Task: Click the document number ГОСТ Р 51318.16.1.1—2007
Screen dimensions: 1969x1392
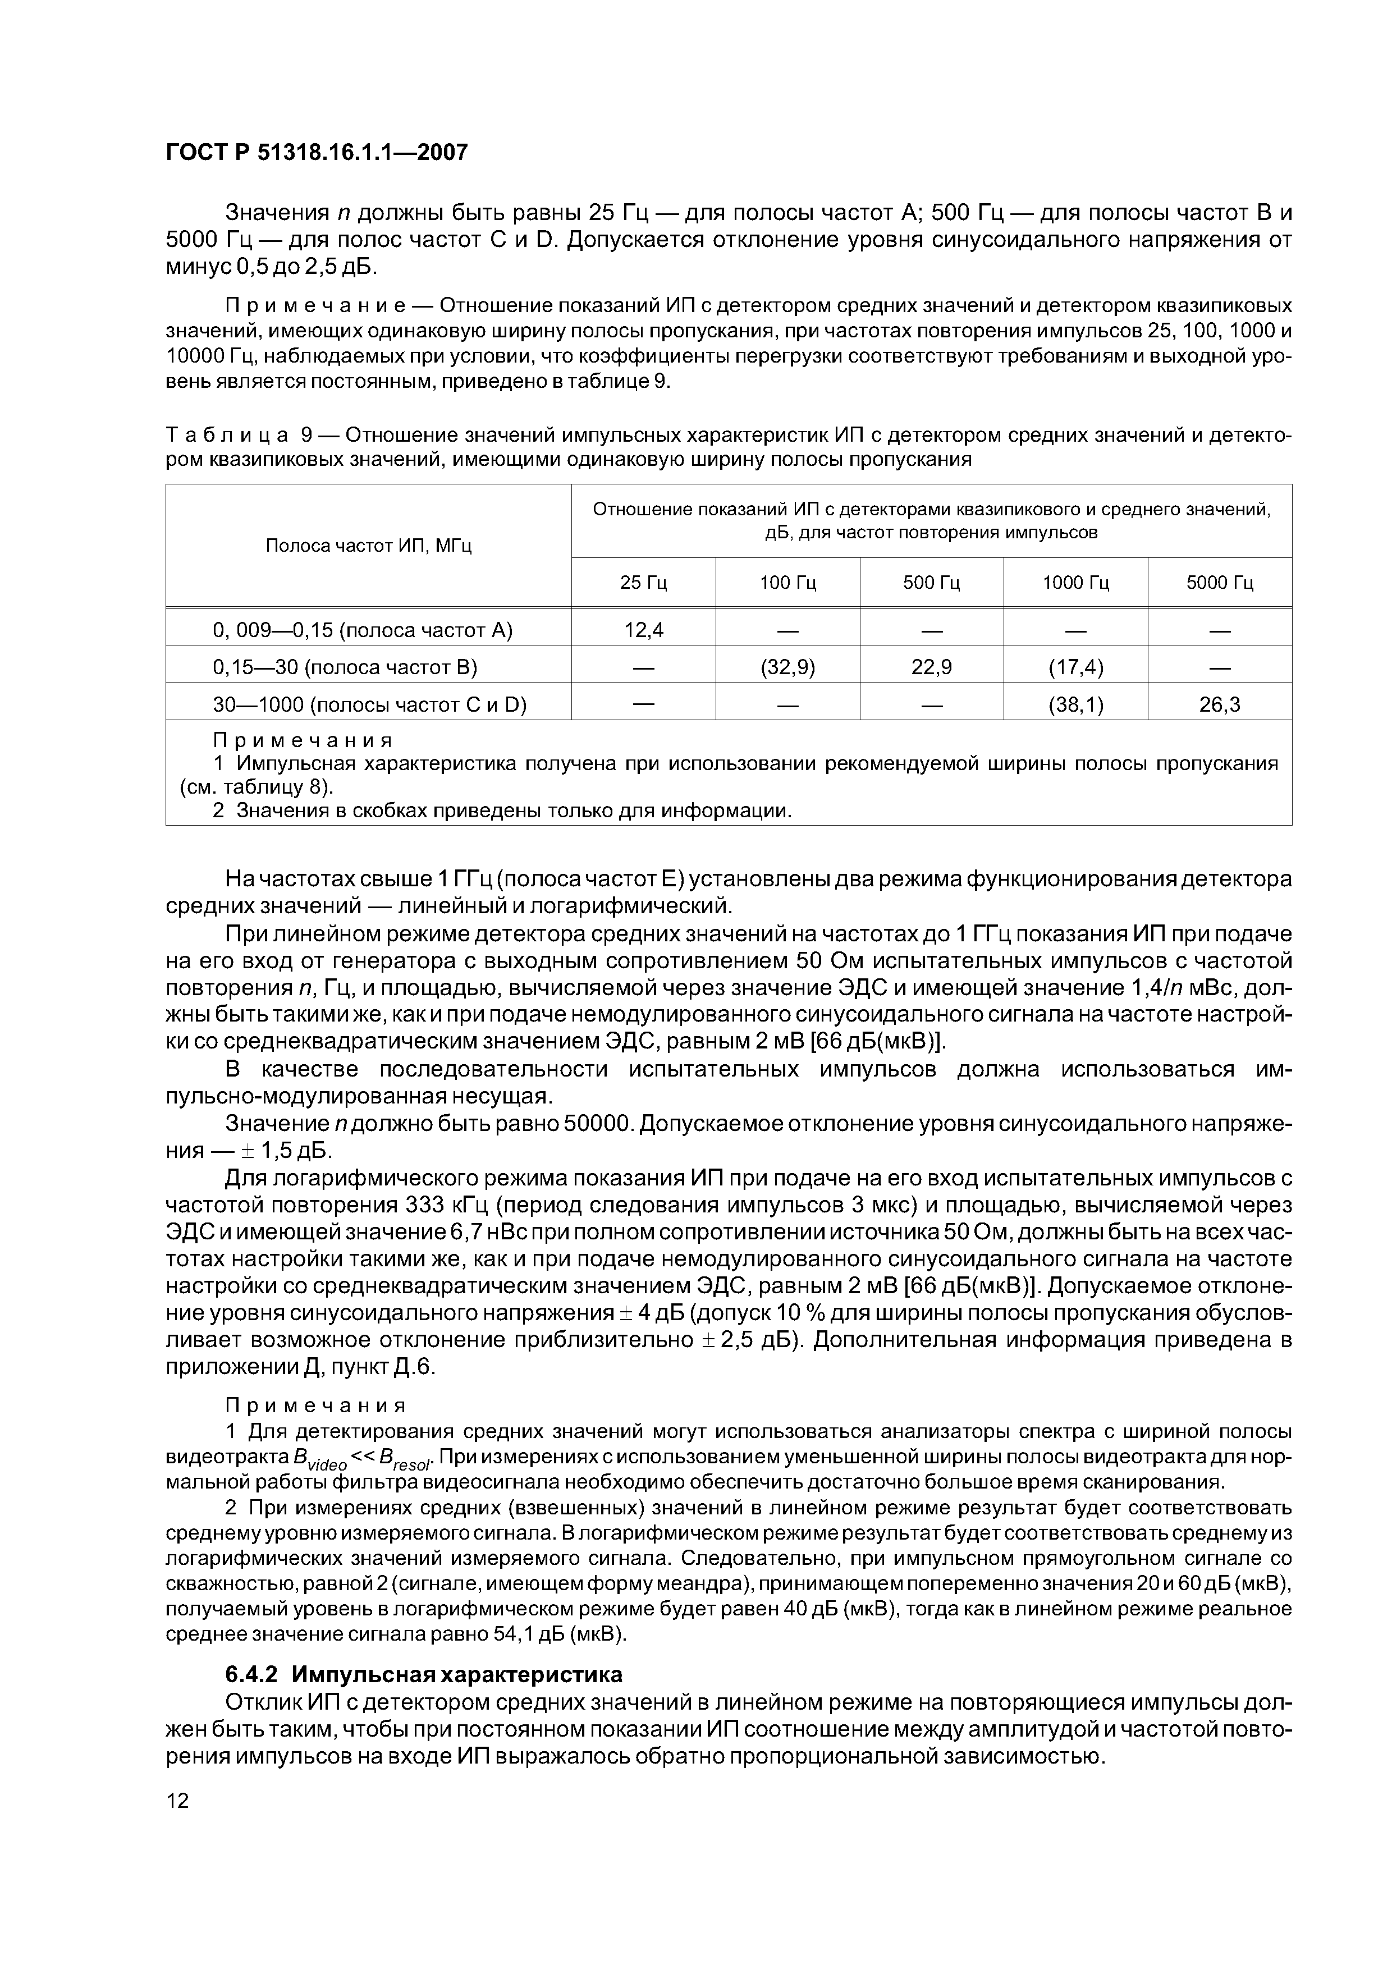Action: pos(317,153)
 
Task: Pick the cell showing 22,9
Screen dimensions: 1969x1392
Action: pos(931,667)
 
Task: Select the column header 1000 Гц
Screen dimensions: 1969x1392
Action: pos(1075,583)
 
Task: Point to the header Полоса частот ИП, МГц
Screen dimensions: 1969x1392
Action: pos(368,546)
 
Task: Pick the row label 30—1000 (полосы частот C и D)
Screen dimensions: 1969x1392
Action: pos(369,705)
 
